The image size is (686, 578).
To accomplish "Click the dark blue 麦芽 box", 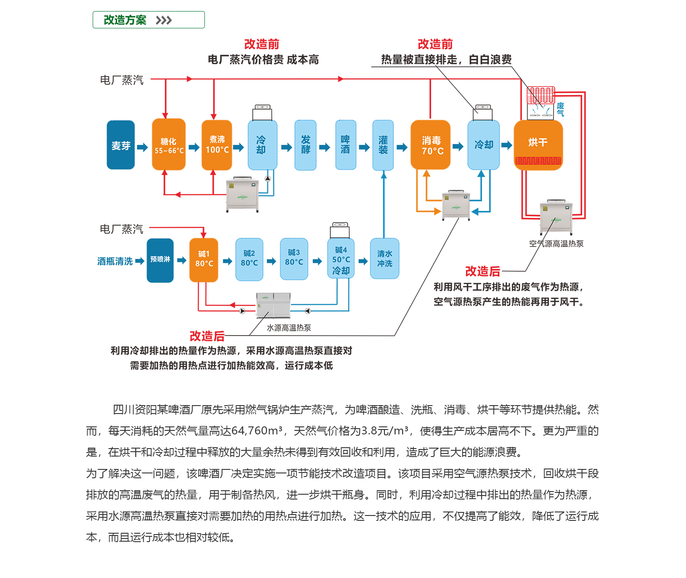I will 121,145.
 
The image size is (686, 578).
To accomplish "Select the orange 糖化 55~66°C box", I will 169,145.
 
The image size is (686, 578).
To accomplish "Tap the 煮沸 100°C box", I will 217,145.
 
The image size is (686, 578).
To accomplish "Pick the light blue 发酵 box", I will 306,145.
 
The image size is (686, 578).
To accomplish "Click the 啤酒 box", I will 345,145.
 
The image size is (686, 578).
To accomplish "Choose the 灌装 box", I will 383,145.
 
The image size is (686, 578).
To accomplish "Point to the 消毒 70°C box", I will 431,145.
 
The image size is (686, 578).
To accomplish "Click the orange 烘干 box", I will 538,143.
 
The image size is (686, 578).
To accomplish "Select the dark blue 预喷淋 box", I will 160,260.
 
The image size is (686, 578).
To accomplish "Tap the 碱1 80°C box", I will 204,260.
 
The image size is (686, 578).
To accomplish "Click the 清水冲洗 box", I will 384,259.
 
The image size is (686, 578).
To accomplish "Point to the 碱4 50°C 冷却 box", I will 341,260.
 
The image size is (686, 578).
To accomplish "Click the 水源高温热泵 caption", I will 289,328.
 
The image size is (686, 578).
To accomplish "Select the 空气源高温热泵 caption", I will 556,244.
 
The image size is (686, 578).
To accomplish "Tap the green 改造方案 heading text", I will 125,20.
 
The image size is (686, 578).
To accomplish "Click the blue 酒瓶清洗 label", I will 115,262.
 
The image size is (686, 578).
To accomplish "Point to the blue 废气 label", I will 561,109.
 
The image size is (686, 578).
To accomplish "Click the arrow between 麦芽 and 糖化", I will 142,147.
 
